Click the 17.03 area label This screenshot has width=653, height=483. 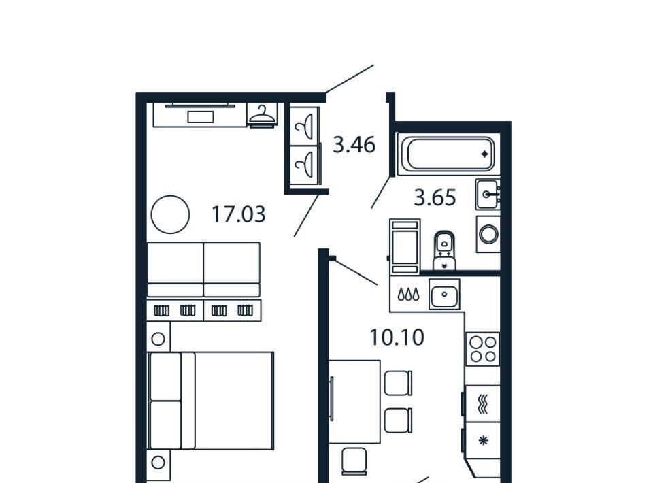[239, 215]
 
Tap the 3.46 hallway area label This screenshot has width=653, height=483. [354, 146]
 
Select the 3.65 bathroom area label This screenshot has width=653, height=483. [435, 198]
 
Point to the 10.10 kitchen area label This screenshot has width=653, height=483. [397, 337]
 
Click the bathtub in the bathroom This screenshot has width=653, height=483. [446, 154]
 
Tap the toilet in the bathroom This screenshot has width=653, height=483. [445, 250]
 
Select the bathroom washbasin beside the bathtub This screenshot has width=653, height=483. [488, 195]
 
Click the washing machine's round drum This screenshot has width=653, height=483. [488, 234]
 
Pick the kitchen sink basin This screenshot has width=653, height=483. [444, 295]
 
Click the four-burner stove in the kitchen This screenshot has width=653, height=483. [482, 349]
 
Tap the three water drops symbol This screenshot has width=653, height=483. [409, 295]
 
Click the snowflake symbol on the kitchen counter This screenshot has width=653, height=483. [483, 441]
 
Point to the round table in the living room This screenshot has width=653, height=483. [170, 214]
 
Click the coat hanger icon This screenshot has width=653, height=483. [262, 115]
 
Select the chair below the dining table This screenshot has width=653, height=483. [354, 461]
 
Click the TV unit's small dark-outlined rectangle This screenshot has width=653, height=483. [201, 117]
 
